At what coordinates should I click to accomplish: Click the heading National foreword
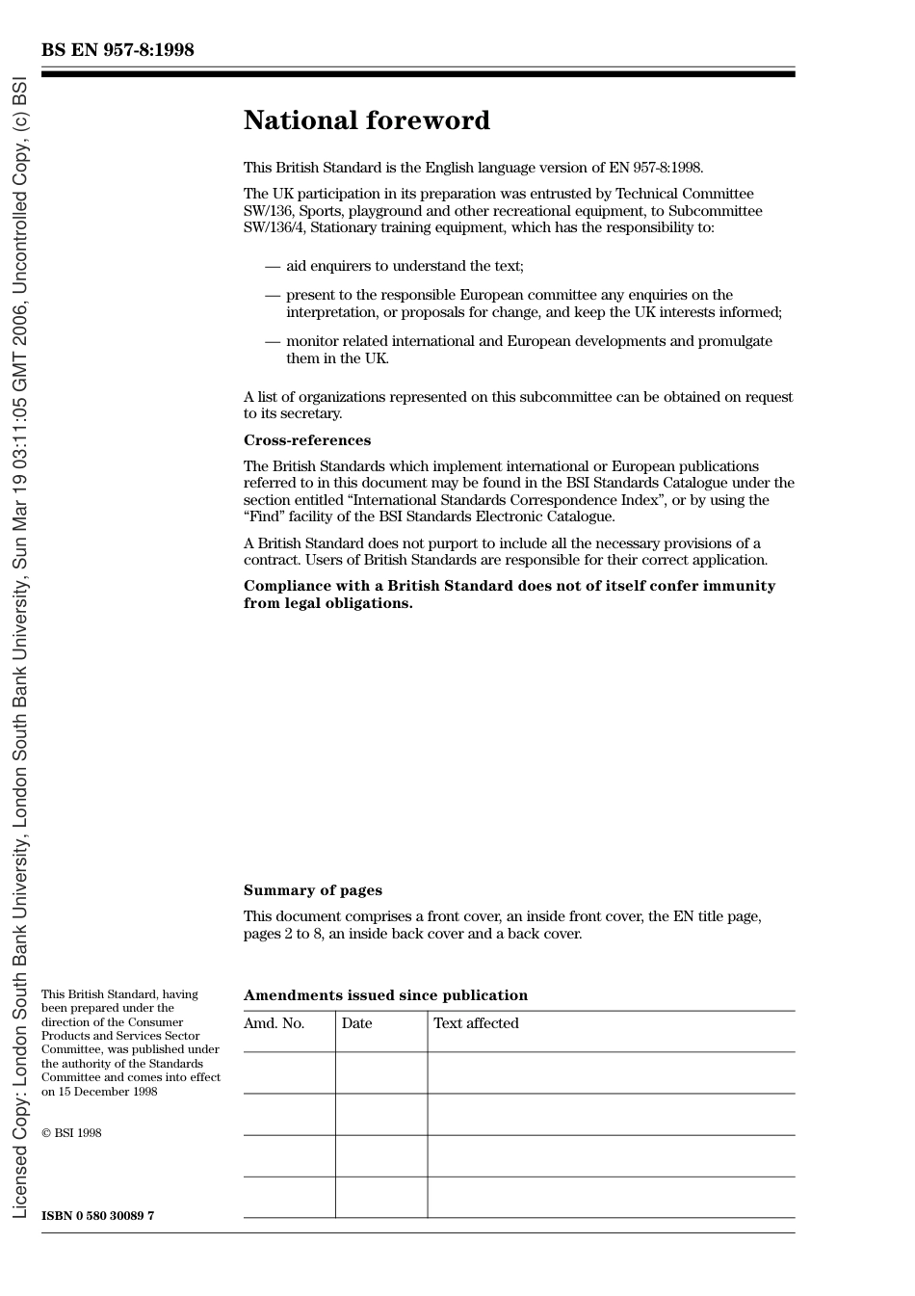pos(366,120)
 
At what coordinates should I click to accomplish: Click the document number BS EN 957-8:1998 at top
pos(118,50)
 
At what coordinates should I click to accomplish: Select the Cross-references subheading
pos(306,440)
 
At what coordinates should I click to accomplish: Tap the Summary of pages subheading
pos(312,890)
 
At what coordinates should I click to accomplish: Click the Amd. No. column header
pos(274,1023)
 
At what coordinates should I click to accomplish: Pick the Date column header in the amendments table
pos(356,1023)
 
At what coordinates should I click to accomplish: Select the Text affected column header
pos(476,1023)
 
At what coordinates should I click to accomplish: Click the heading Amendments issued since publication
pos(385,995)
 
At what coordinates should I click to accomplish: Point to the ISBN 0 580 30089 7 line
pos(97,1215)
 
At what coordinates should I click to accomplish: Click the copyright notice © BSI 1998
pos(71,1133)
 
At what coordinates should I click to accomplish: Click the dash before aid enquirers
pos(273,266)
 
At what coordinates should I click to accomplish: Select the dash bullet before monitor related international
pos(273,341)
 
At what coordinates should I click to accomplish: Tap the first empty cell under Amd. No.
pos(289,1072)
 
